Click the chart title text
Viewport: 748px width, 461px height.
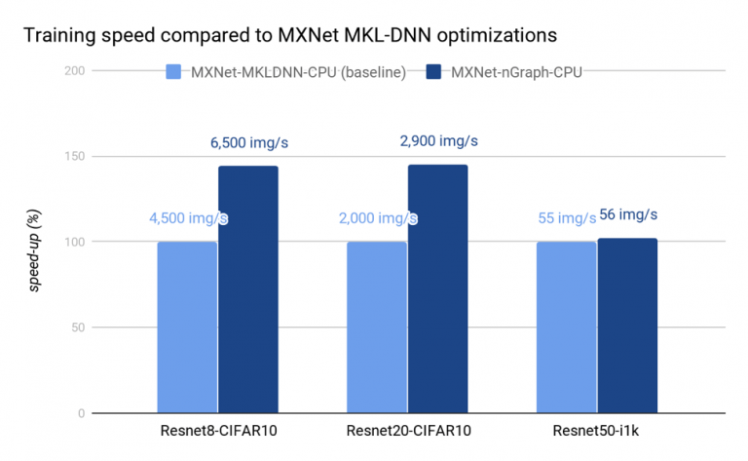point(289,36)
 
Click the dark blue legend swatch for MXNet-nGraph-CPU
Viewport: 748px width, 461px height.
point(433,71)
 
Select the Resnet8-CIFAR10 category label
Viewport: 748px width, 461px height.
point(217,432)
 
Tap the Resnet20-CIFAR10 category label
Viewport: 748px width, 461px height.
point(407,432)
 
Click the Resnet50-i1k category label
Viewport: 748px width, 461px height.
point(597,432)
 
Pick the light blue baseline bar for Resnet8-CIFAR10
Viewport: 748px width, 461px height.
point(187,327)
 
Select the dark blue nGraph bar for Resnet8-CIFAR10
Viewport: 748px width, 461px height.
point(247,289)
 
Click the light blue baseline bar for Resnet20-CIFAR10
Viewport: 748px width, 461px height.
point(377,327)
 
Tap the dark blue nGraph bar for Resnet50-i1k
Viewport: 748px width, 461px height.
point(627,326)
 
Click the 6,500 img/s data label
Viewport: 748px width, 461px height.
point(249,143)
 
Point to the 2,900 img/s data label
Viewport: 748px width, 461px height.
point(438,141)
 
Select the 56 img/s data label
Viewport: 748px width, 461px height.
point(628,215)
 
